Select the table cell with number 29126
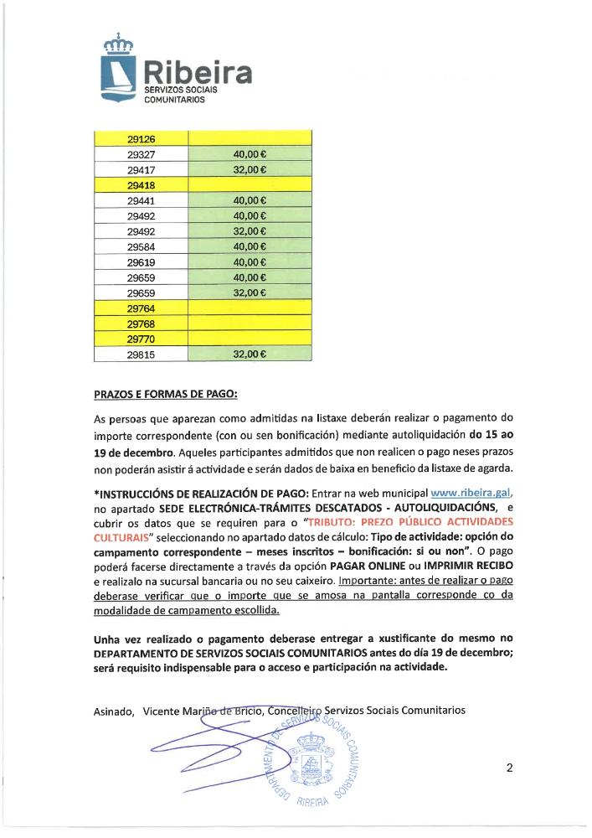point(142,139)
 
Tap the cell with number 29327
point(142,155)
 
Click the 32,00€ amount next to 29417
point(250,170)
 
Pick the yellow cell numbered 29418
point(142,185)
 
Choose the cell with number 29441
point(142,200)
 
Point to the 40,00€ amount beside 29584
point(250,246)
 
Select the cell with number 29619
point(142,261)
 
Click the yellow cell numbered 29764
point(142,308)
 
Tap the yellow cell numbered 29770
point(142,339)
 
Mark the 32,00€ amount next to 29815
point(250,354)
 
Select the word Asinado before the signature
point(114,711)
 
